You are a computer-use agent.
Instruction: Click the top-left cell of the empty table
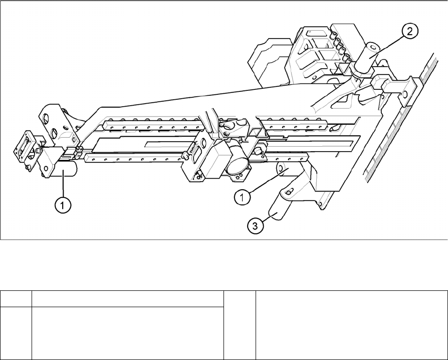click(16, 299)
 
